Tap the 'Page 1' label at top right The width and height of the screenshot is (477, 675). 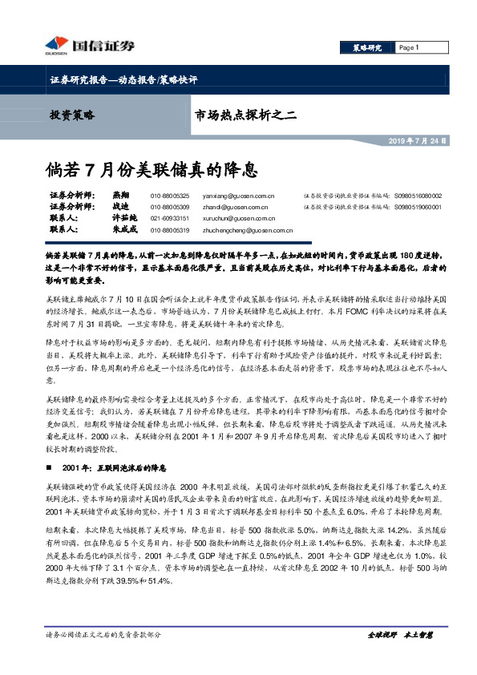click(408, 47)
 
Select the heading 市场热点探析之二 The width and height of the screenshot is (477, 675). click(246, 116)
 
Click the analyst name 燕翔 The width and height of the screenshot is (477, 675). click(120, 196)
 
